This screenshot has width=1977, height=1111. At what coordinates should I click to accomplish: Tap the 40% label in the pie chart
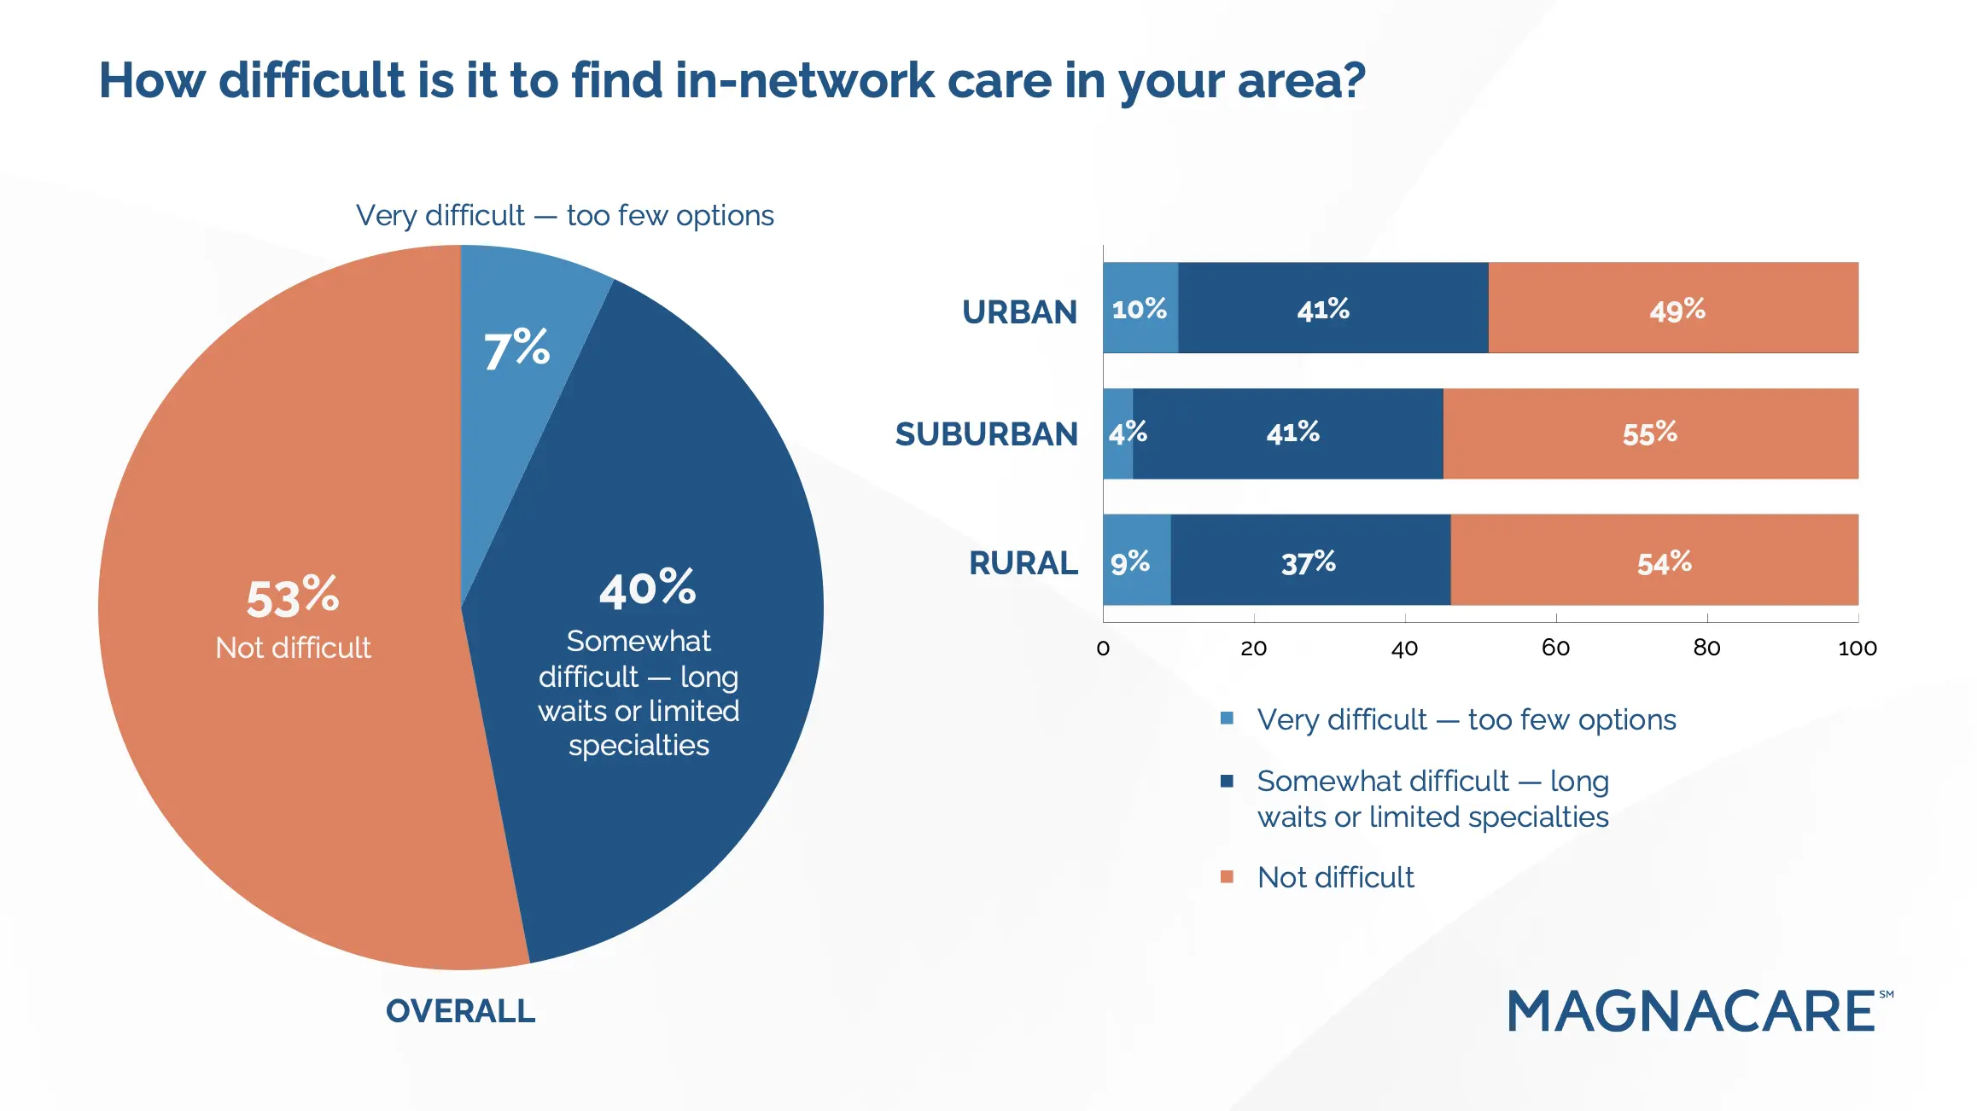[x=648, y=589]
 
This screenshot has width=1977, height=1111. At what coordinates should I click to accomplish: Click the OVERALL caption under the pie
[x=460, y=1011]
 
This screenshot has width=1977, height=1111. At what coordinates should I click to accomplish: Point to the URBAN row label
[x=1019, y=312]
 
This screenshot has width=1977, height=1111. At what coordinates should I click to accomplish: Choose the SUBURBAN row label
[x=987, y=434]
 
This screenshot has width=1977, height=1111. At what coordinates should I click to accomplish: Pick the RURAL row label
[x=1023, y=563]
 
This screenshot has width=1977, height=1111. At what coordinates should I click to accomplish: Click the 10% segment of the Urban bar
[x=1140, y=308]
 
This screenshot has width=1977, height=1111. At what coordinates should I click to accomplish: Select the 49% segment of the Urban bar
[x=1675, y=309]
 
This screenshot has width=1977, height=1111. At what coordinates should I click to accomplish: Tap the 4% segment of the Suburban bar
[x=1118, y=433]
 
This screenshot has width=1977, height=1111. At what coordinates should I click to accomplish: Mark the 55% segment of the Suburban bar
[x=1649, y=433]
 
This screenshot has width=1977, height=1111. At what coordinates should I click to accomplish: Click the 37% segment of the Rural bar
[x=1308, y=562]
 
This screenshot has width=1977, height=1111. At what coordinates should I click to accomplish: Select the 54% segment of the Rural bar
[x=1663, y=562]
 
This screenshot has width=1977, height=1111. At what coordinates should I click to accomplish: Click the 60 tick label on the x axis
[x=1555, y=649]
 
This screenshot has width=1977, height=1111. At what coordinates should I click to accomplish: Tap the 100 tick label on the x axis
[x=1857, y=649]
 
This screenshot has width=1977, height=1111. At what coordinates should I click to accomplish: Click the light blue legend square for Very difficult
[x=1227, y=718]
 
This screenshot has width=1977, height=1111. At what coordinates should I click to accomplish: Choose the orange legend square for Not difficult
[x=1227, y=876]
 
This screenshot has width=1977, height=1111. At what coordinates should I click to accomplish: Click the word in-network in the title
[x=804, y=81]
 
